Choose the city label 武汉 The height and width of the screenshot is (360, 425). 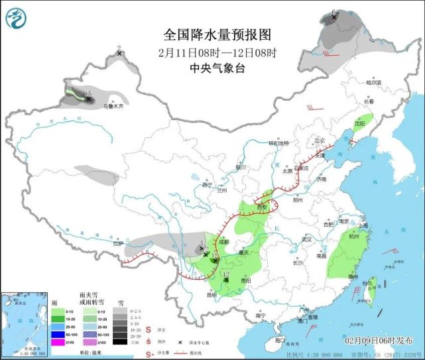(306, 239)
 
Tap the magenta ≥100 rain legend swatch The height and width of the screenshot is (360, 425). (58, 342)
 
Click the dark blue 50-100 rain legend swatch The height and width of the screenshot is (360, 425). (58, 334)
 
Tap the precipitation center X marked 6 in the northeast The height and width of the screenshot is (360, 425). (334, 18)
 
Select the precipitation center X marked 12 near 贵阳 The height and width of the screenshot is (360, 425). (226, 280)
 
